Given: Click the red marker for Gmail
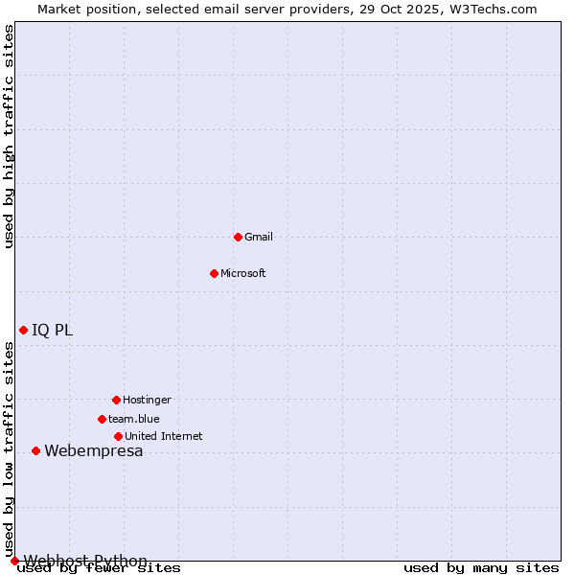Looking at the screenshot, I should (x=238, y=237).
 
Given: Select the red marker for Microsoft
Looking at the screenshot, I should (x=214, y=273).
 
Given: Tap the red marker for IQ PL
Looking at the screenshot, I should (x=23, y=330).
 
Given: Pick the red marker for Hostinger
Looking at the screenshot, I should (x=116, y=400).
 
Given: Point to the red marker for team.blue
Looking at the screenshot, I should (x=102, y=419).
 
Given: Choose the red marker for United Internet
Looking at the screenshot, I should (x=118, y=436).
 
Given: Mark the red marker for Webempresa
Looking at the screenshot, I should (x=35, y=450).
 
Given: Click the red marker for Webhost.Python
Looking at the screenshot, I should (x=14, y=561).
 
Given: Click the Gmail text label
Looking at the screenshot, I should (x=259, y=237).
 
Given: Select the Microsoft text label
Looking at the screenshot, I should (x=243, y=273).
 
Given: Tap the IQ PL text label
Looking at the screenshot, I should (x=53, y=331).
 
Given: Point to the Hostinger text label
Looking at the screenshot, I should (x=147, y=400).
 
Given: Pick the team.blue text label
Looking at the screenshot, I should (x=134, y=419).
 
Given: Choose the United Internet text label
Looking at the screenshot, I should (x=164, y=436).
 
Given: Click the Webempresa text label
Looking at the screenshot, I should (x=94, y=451).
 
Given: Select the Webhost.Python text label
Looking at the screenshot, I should (x=86, y=561).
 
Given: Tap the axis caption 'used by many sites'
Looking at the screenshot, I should (x=481, y=568).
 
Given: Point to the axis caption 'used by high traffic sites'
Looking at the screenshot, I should (x=10, y=136).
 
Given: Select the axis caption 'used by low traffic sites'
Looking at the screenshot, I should (x=10, y=450).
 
